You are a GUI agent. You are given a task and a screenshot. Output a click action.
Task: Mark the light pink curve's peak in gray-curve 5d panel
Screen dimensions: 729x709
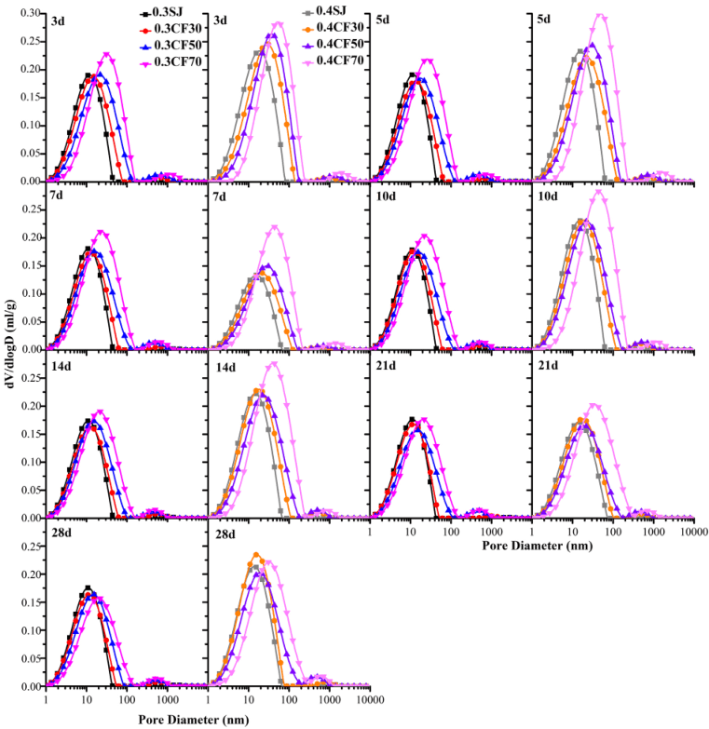coord(600,15)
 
